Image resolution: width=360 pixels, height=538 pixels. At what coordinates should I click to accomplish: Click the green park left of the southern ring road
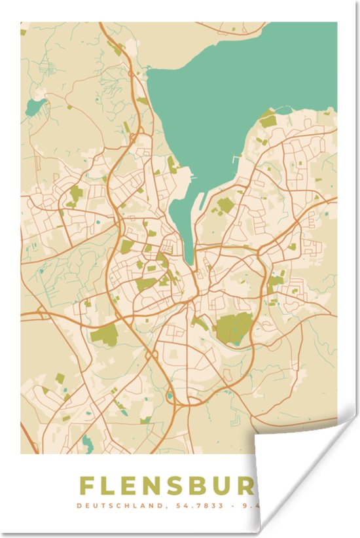click(103, 336)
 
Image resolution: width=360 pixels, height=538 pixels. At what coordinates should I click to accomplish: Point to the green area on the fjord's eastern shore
click(268, 120)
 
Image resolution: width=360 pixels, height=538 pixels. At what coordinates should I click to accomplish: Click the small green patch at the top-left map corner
click(23, 31)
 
